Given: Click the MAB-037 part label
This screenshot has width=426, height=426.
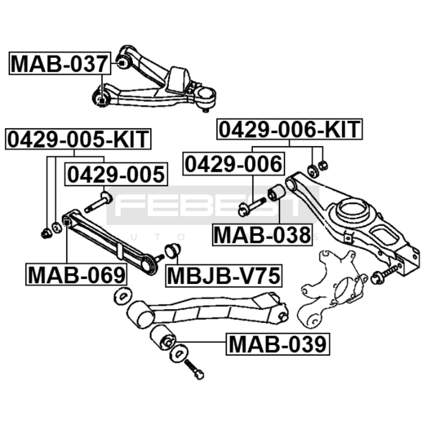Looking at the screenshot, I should coord(60,63).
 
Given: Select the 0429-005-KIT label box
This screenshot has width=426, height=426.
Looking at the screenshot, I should coord(78,139).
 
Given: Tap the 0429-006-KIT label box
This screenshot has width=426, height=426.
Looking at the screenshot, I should coord(290,129).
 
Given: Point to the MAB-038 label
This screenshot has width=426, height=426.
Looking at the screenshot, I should coord(262,235).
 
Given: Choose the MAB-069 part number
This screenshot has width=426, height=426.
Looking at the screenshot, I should coord(76,275).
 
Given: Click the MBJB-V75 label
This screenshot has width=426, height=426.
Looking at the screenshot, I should coord(224,276).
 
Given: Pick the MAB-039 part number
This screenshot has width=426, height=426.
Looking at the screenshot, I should coord(278,344).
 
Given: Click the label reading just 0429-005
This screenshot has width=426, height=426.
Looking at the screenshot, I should coord(116,174).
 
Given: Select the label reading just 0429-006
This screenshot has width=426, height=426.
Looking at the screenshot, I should coord(234,164).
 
